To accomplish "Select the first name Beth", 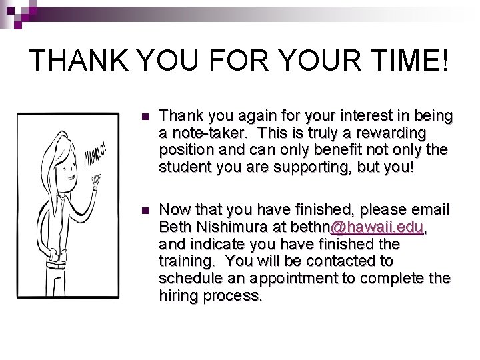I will point(175,227).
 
